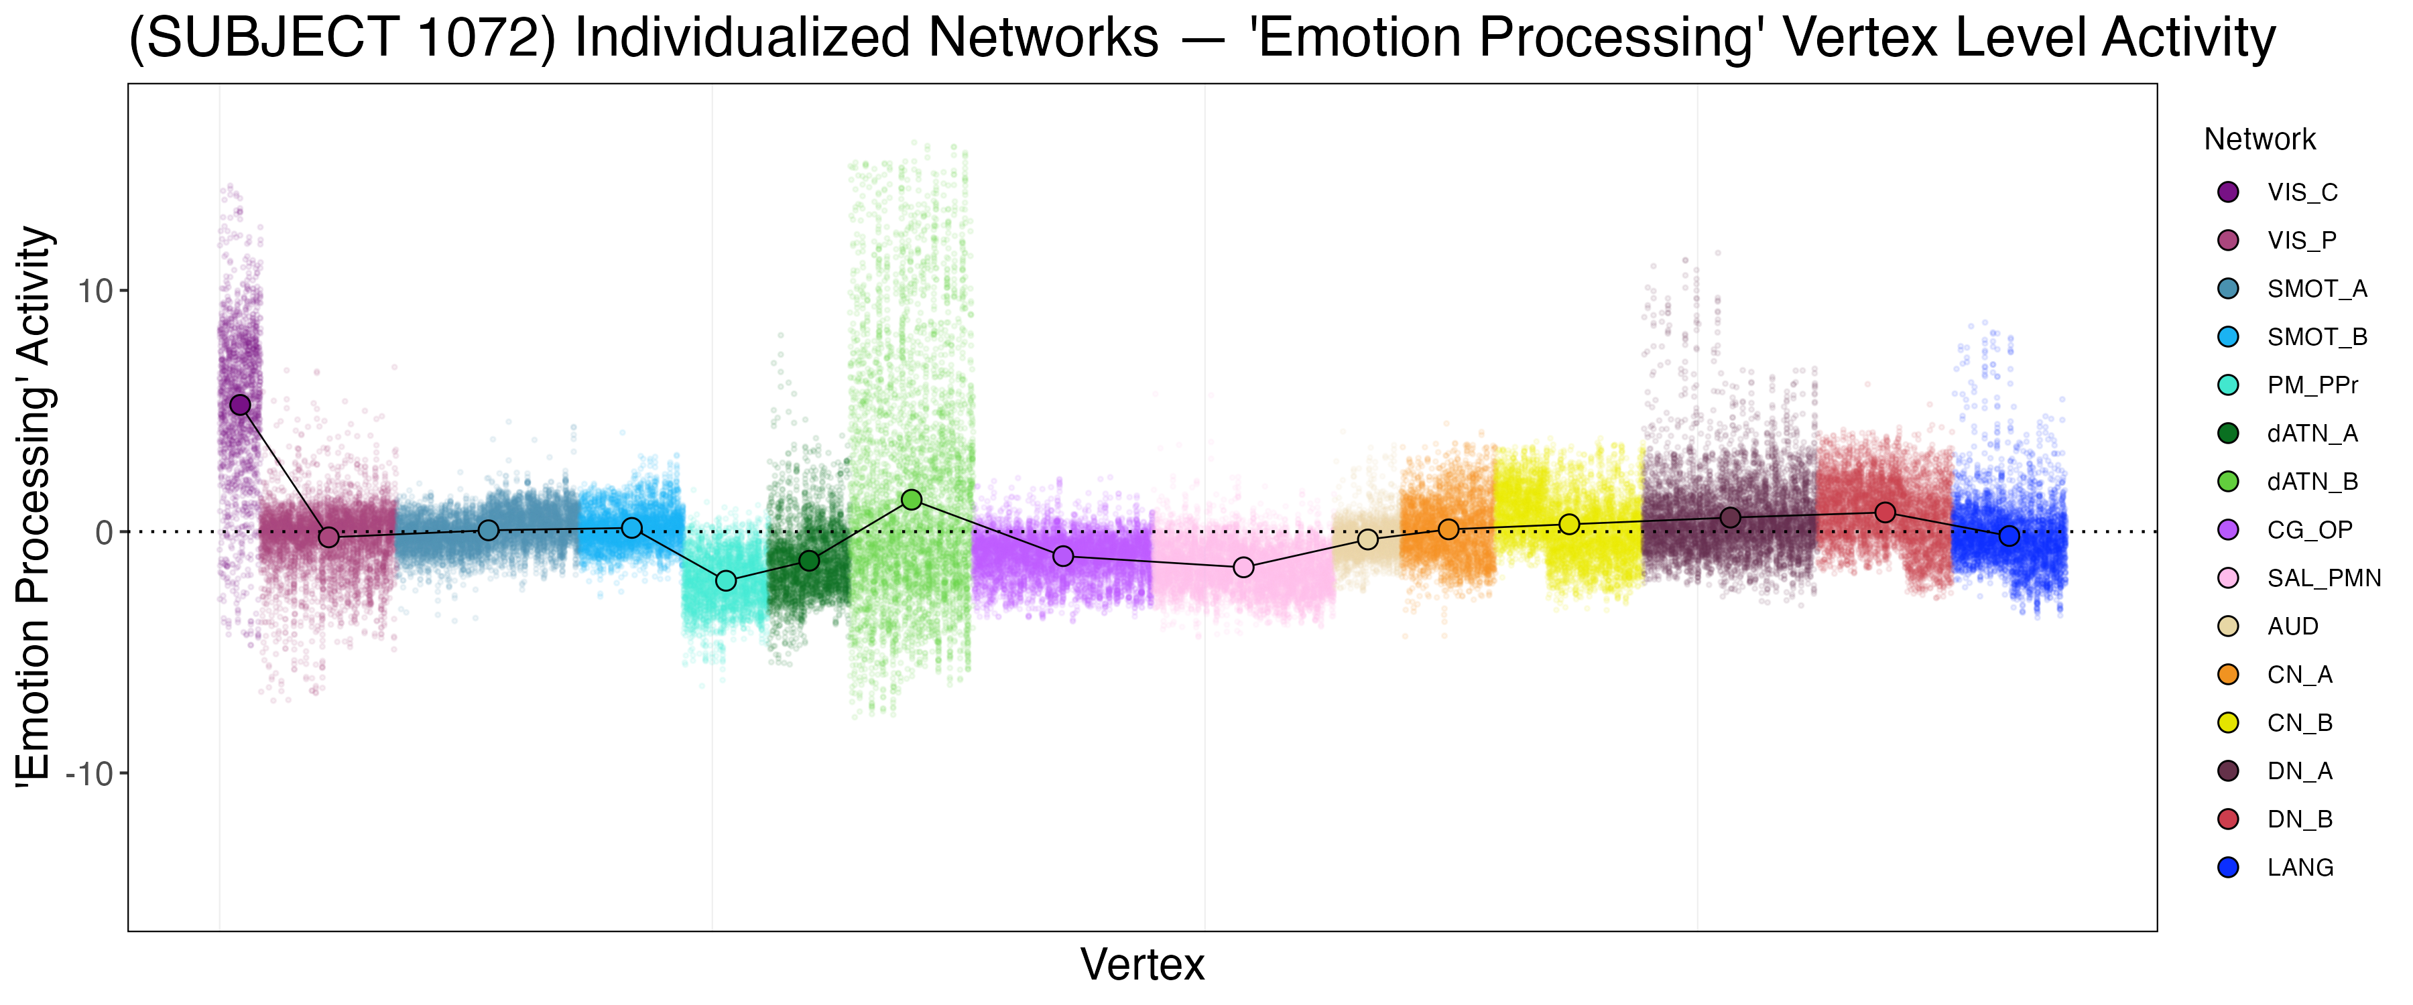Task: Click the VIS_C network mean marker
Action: pyautogui.click(x=241, y=405)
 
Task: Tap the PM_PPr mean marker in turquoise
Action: pyautogui.click(x=726, y=582)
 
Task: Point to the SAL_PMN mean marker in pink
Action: pyautogui.click(x=1243, y=567)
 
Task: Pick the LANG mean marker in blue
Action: pyautogui.click(x=2008, y=537)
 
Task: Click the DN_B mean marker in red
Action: pyautogui.click(x=1885, y=513)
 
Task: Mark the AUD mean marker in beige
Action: pyautogui.click(x=1367, y=539)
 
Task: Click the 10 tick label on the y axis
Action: pyautogui.click(x=95, y=291)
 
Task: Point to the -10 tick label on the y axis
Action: pyautogui.click(x=89, y=775)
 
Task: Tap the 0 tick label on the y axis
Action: pyautogui.click(x=104, y=533)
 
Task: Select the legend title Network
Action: pyautogui.click(x=2260, y=139)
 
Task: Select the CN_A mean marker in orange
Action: pyautogui.click(x=1448, y=530)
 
